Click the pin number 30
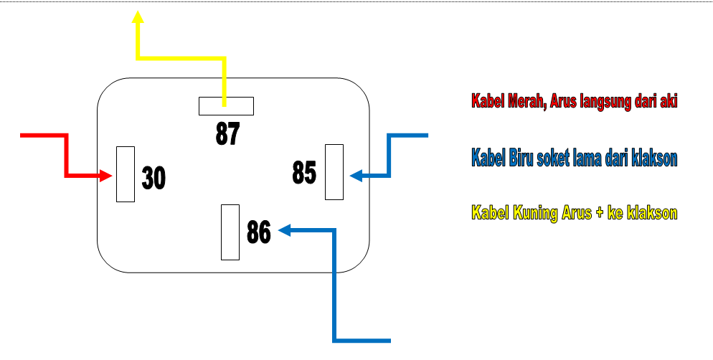click(154, 178)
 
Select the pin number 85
click(304, 172)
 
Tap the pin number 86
click(258, 232)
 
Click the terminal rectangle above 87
click(226, 106)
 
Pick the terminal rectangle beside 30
click(126, 174)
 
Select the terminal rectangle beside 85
click(334, 172)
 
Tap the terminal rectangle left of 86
click(230, 232)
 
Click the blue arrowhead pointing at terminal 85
click(356, 175)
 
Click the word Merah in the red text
click(524, 101)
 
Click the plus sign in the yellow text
click(598, 213)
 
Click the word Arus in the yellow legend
click(575, 213)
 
